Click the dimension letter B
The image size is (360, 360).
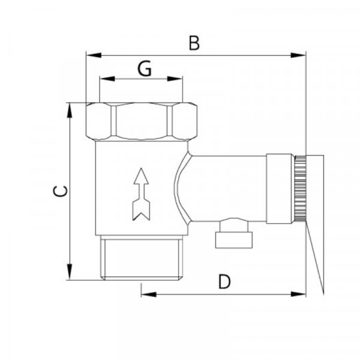[194, 43]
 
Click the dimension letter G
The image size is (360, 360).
[145, 68]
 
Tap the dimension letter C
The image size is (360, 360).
[61, 191]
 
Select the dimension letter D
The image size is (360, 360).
[224, 281]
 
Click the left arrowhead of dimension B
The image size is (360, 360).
[94, 55]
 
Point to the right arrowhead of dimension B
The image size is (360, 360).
[298, 55]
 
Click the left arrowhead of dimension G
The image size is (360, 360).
[107, 79]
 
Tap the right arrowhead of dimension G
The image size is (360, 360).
[175, 79]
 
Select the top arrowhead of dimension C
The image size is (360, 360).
[70, 110]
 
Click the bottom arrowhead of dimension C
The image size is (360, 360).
[70, 272]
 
